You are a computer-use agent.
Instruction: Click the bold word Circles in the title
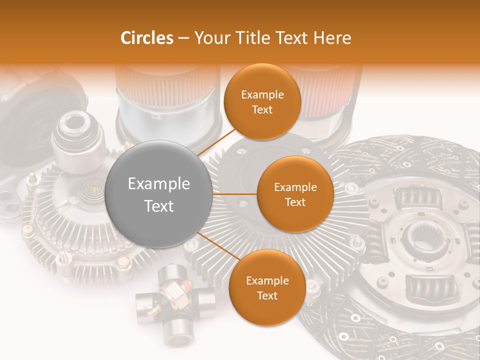(x=147, y=38)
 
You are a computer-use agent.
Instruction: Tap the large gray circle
(x=159, y=194)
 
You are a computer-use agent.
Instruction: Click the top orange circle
(x=262, y=101)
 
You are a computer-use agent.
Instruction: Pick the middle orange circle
(x=295, y=194)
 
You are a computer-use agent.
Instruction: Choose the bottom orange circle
(x=267, y=287)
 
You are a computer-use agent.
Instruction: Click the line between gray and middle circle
(x=234, y=194)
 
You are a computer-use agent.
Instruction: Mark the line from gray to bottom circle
(x=215, y=245)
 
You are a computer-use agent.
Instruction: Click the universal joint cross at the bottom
(x=175, y=305)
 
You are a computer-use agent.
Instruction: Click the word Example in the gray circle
(x=159, y=184)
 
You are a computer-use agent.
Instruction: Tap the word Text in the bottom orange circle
(x=267, y=295)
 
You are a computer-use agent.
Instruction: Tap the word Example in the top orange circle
(x=262, y=95)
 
